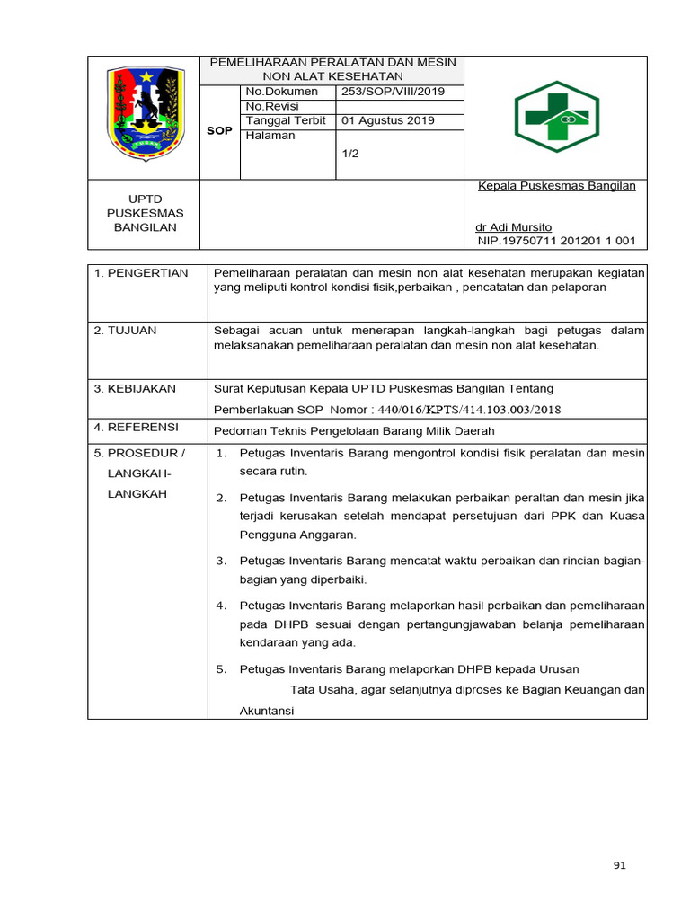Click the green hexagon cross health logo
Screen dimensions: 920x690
[x=554, y=117]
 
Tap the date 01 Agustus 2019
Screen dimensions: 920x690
[x=388, y=120]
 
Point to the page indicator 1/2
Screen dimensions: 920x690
[x=350, y=154]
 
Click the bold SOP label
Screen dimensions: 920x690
[x=219, y=131]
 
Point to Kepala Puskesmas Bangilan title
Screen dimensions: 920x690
[x=556, y=186]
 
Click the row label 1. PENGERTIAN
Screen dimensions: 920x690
[x=141, y=273]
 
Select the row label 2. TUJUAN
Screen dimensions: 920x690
[x=126, y=331]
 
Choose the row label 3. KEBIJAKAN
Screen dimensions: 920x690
[x=136, y=389]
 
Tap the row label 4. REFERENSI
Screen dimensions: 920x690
[x=137, y=427]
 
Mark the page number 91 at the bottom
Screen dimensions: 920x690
[x=618, y=865]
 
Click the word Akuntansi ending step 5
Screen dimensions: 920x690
[x=267, y=711]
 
